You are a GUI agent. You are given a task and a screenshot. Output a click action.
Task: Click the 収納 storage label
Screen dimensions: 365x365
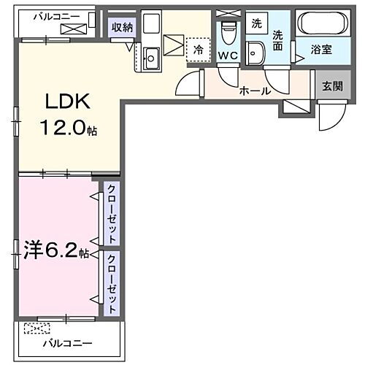pos(121,28)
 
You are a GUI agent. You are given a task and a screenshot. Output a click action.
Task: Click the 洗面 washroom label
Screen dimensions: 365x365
pos(278,39)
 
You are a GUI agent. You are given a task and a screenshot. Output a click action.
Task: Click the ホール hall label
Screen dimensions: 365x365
pos(255,91)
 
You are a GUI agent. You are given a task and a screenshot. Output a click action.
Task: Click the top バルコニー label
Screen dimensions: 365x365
pos(53,15)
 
